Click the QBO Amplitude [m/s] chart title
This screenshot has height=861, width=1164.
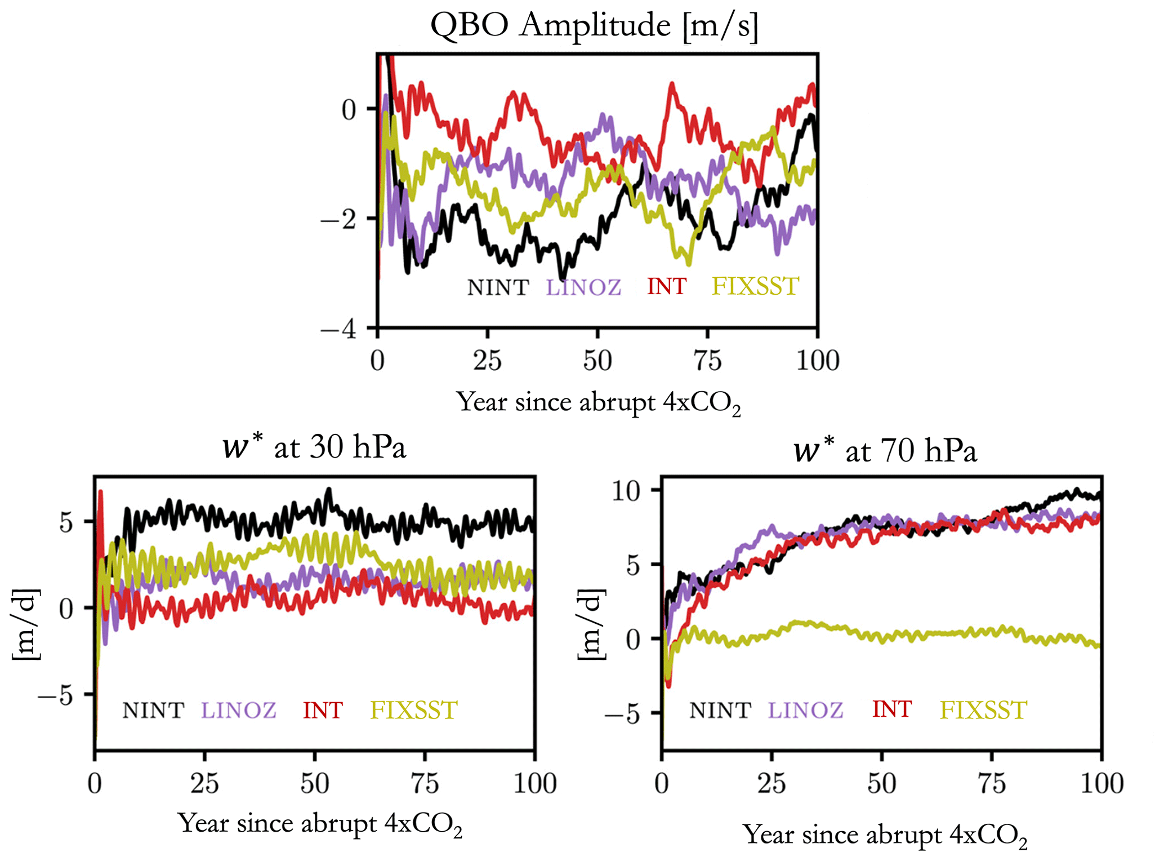click(x=595, y=25)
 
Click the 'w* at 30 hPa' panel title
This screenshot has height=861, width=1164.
click(x=314, y=449)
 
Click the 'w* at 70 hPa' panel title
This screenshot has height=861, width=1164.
click(x=885, y=451)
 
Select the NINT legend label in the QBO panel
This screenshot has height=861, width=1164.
click(x=498, y=287)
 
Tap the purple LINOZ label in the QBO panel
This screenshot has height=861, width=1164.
click(x=583, y=287)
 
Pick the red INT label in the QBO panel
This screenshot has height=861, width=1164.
click(x=667, y=287)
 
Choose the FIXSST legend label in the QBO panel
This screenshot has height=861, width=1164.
click(x=755, y=286)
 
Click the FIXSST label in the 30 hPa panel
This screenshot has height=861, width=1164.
click(x=414, y=710)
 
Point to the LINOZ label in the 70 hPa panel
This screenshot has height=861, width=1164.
click(x=805, y=710)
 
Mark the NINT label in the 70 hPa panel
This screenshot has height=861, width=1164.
click(x=720, y=710)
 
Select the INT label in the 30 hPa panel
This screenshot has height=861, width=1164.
click(x=323, y=710)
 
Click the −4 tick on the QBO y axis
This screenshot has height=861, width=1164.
click(x=338, y=329)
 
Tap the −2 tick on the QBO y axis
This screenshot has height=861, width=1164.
click(x=338, y=219)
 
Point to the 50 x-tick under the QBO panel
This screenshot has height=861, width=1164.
click(x=597, y=361)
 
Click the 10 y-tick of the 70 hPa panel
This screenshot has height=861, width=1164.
click(x=626, y=491)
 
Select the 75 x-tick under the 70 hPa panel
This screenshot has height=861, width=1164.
click(x=991, y=784)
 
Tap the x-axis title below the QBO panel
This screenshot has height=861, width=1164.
click(x=599, y=403)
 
